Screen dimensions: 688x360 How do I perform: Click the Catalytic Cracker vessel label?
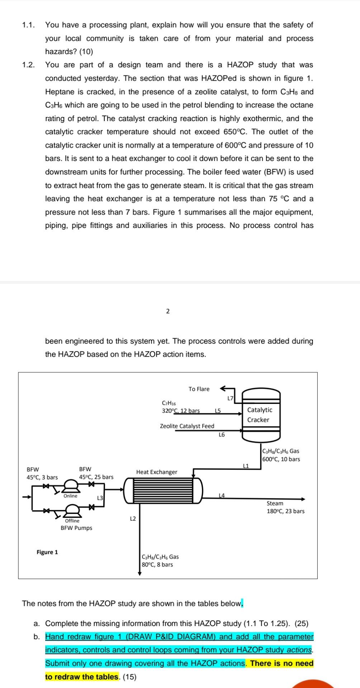pos(259,415)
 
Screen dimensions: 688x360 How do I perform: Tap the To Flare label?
pos(199,389)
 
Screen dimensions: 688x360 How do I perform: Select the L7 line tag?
pos(231,398)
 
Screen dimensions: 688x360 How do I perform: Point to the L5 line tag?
pos(218,411)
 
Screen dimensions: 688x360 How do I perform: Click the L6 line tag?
pos(222,435)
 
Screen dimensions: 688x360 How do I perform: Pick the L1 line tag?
pos(246,466)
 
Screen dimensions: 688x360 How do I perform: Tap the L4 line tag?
pos(222,495)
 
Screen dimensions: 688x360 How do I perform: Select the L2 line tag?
pos(133,519)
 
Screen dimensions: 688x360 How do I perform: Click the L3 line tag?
pos(100,498)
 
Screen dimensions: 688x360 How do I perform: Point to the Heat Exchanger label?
pos(157,472)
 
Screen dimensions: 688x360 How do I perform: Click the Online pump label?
pos(70,496)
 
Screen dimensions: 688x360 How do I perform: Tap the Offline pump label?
pos(72,521)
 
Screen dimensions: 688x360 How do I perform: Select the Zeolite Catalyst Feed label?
pos(187,426)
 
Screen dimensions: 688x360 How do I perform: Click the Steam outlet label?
pos(275,503)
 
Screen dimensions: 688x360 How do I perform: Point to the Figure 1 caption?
pos(47,552)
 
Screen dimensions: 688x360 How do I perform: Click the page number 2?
pos(168,311)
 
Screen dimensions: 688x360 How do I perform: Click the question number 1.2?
pos(28,65)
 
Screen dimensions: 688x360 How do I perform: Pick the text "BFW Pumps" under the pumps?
pos(76,528)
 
